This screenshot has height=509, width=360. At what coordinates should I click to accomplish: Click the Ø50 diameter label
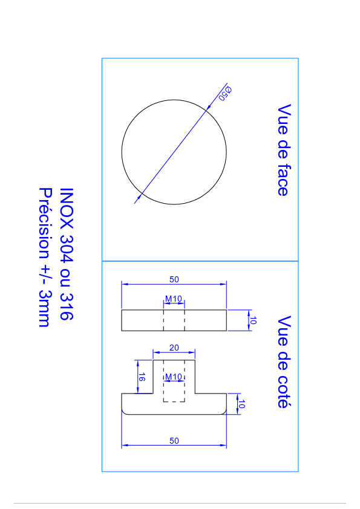[225, 94]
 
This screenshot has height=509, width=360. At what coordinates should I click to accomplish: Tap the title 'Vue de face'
[284, 150]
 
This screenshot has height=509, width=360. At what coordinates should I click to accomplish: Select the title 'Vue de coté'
[284, 361]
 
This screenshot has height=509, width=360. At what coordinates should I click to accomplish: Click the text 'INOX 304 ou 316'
[67, 254]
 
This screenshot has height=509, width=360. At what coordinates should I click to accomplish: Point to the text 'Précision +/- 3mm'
[45, 257]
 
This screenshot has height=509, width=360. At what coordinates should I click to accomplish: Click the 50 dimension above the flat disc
[174, 279]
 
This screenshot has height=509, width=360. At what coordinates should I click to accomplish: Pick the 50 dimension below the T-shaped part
[174, 441]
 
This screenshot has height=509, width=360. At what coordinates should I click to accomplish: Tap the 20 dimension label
[174, 348]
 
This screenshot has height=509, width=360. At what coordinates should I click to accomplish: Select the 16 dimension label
[142, 377]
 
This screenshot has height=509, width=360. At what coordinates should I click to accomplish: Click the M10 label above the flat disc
[174, 298]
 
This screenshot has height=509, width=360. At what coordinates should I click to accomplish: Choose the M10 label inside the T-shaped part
[174, 377]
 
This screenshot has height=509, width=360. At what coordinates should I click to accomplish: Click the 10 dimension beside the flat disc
[254, 320]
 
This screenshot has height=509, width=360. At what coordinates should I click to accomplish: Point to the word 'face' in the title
[284, 180]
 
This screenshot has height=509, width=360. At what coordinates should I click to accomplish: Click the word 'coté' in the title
[284, 392]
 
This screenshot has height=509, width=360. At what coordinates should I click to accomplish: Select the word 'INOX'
[67, 208]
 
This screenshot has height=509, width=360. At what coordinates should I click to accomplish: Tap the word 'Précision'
[45, 223]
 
